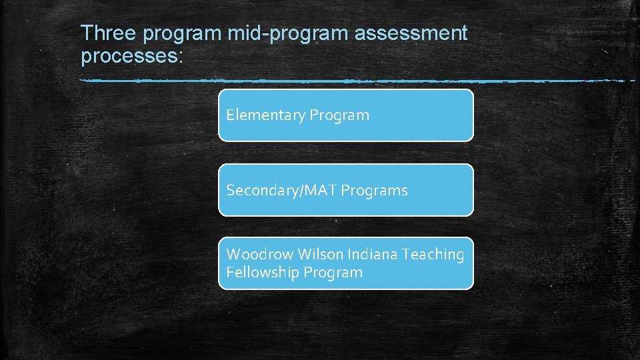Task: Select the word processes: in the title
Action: point(131,56)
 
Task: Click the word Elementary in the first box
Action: point(265,115)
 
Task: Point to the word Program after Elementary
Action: point(339,115)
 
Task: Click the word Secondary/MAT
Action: point(281,191)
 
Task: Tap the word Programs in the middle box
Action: point(374,191)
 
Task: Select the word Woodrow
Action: point(260,255)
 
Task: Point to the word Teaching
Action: point(433,255)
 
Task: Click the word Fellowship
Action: point(263,273)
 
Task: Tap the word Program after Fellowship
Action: point(333,273)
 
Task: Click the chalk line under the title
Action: point(333,81)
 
